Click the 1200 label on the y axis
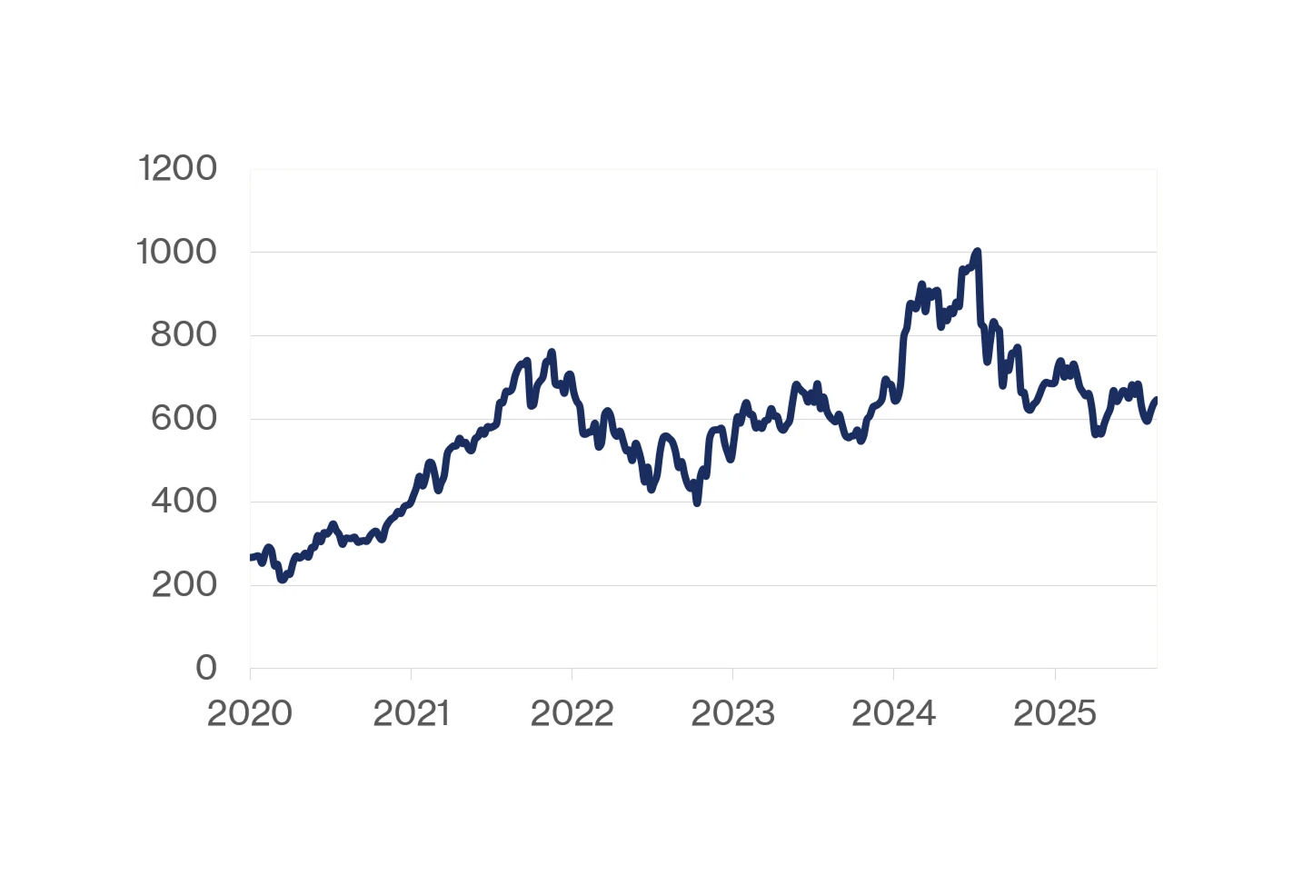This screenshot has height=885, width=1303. coord(177,169)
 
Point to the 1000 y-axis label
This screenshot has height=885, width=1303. coord(176,252)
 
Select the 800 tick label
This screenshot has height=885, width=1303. coord(184,335)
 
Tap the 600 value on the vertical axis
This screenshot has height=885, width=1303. coord(184,419)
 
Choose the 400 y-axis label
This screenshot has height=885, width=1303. coord(184,502)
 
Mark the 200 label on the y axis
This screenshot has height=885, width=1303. coord(184,585)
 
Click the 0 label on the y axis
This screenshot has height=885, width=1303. coord(206,668)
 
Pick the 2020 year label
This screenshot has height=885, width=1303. coord(250,714)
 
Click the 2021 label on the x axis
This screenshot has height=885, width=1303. coord(411,714)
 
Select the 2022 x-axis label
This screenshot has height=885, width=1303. coord(572,714)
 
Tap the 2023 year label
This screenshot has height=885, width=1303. coord(732,714)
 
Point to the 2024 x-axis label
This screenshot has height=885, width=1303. coord(893,714)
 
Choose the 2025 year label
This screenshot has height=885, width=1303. coord(1054,714)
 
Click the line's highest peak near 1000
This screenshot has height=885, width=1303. coord(977,251)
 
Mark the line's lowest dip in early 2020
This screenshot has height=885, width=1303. coord(283,579)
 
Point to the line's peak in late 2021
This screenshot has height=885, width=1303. coord(552,352)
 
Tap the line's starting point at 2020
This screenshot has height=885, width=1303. coord(251,557)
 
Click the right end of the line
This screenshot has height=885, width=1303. coord(1156,399)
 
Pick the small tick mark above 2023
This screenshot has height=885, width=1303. coord(732,673)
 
